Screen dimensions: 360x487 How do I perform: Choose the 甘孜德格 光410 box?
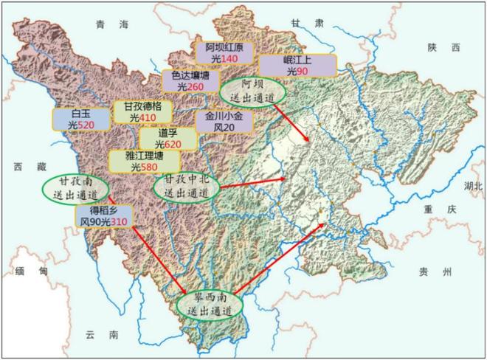(x=142, y=112)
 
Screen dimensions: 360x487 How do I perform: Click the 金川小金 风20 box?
(x=224, y=122)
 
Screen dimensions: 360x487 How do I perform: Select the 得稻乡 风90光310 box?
(x=106, y=215)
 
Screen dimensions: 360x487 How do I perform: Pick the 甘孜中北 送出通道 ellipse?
(x=184, y=185)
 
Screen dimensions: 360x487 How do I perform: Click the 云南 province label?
(x=102, y=336)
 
